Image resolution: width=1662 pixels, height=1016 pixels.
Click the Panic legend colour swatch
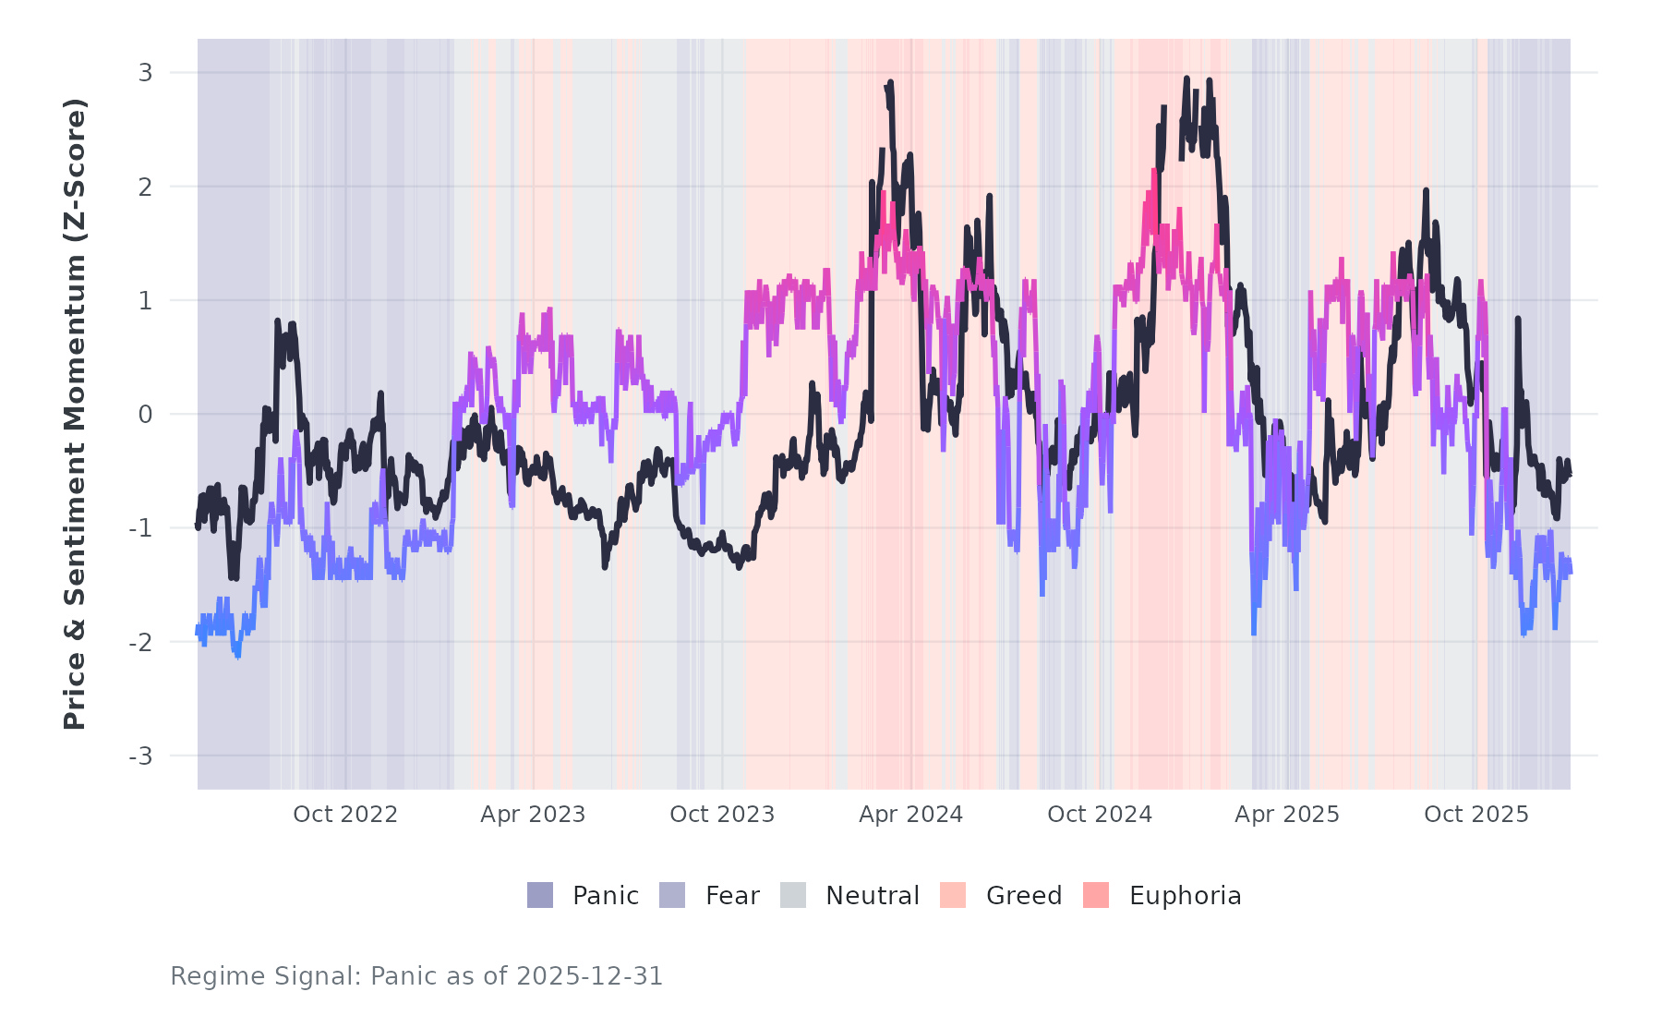(x=540, y=895)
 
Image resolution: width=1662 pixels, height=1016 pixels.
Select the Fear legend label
(x=732, y=896)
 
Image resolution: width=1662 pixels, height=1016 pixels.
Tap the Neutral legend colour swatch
(x=793, y=895)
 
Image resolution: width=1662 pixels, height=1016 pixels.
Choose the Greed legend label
(x=1024, y=896)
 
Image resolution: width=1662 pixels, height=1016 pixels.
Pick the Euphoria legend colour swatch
(x=1096, y=895)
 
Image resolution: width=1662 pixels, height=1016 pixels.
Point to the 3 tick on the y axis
(x=145, y=72)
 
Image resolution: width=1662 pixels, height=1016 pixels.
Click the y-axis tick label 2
(x=145, y=187)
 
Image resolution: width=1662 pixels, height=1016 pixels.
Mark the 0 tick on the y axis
(x=145, y=415)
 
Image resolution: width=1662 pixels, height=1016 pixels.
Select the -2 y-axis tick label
(x=140, y=642)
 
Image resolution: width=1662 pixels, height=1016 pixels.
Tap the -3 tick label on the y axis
(x=140, y=756)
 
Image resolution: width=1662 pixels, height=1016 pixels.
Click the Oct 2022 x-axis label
(x=345, y=815)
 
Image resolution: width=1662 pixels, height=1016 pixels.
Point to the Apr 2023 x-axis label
(x=533, y=815)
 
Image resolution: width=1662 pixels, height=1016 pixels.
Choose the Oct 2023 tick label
(x=722, y=815)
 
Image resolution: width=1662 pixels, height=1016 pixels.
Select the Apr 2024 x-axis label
(x=910, y=815)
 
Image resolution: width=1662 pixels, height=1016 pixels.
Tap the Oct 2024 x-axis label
(x=1100, y=815)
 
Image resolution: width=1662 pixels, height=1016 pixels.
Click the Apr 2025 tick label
(x=1287, y=815)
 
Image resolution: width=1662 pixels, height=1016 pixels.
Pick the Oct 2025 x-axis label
(x=1476, y=815)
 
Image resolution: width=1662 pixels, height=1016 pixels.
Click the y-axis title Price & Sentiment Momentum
(x=75, y=414)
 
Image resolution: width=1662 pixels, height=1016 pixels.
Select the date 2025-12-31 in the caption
(x=590, y=976)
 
